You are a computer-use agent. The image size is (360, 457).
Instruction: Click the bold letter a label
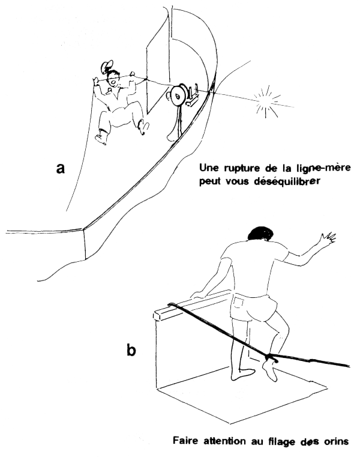[x=61, y=169]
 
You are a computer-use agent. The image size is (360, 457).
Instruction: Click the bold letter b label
[x=133, y=349]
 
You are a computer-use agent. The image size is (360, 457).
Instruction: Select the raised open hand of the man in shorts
[x=326, y=240]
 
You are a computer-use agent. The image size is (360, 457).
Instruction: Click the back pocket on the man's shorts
[x=242, y=301]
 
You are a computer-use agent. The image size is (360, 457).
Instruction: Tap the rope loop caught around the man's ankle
[x=271, y=359]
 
